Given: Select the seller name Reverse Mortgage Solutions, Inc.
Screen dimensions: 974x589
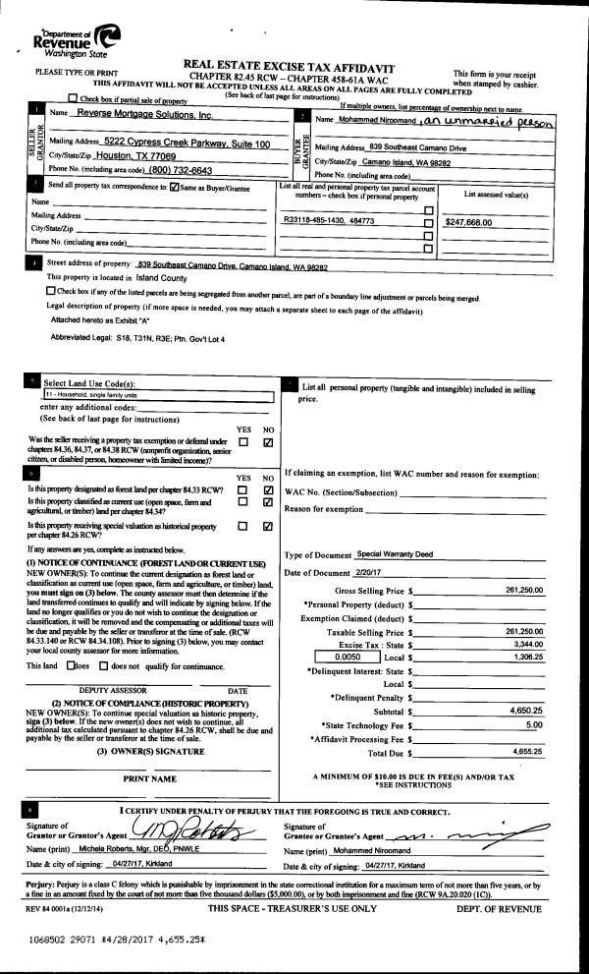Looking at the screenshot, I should (143, 114).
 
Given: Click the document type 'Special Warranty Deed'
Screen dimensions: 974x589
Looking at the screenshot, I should (393, 554).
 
